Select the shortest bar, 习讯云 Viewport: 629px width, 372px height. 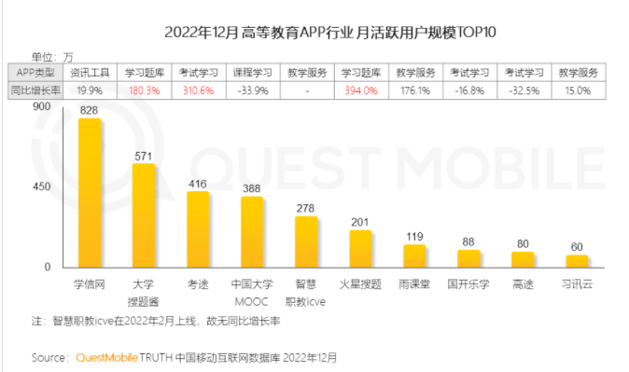(578, 261)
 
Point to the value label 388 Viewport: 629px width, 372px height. (252, 188)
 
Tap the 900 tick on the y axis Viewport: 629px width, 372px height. (40, 106)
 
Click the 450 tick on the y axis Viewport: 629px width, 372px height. (40, 186)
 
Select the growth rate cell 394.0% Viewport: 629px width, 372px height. (359, 90)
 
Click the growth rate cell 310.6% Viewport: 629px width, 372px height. (197, 90)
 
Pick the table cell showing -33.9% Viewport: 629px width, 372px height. (251, 90)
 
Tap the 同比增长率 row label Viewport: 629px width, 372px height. (36, 90)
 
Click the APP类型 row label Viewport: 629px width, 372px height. (36, 72)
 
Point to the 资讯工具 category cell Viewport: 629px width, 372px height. (89, 72)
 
